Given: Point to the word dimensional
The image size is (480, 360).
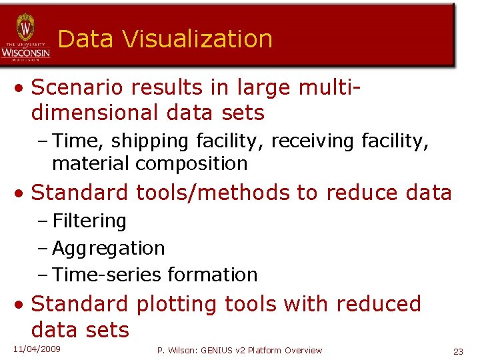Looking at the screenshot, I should pyautogui.click(x=93, y=113).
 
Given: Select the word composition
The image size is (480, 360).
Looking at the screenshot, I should pyautogui.click(x=194, y=163).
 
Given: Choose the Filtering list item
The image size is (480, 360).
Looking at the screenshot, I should pyautogui.click(x=89, y=221).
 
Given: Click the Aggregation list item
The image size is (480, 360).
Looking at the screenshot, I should pyautogui.click(x=108, y=248).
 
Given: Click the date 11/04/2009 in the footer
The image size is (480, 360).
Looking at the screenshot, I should pyautogui.click(x=37, y=349).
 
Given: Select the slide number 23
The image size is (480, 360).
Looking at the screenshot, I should pyautogui.click(x=458, y=351).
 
